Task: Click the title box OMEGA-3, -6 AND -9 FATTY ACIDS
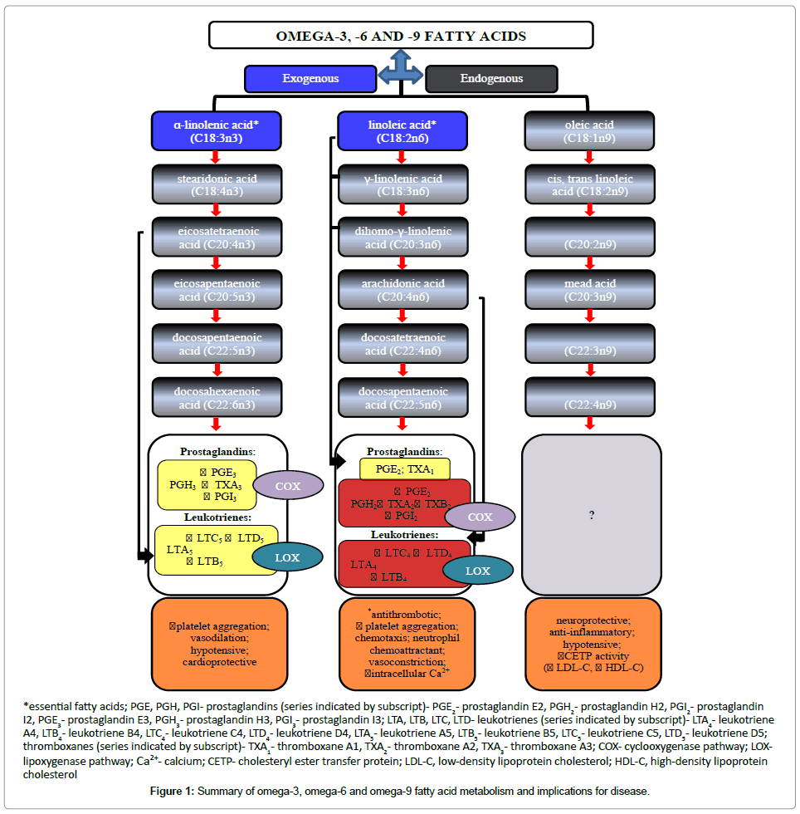tap(400, 36)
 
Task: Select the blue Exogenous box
tap(310, 79)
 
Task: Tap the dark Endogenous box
tap(491, 79)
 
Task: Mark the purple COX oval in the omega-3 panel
tap(288, 486)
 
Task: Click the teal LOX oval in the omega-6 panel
tap(477, 571)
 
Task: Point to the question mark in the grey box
tap(592, 516)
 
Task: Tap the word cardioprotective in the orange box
tap(219, 662)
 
